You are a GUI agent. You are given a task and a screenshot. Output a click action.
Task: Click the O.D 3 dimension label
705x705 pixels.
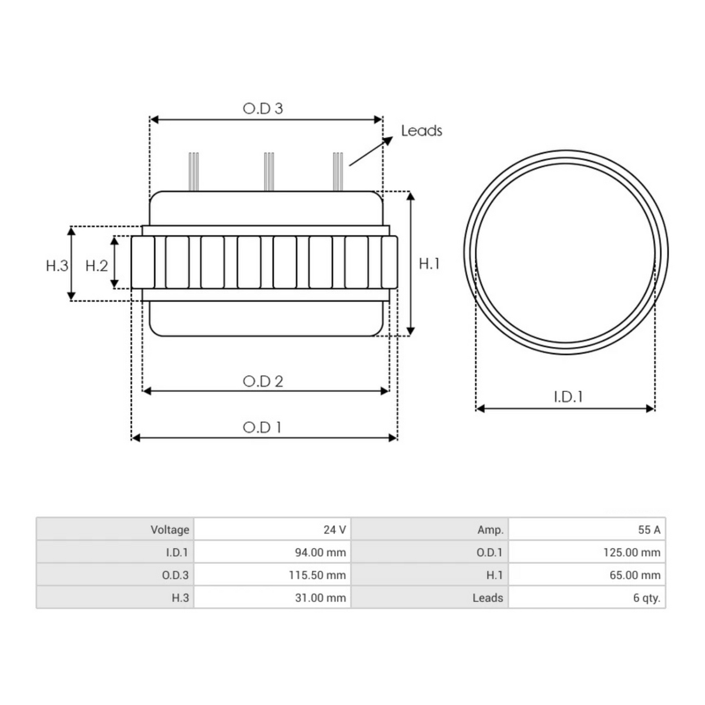point(263,108)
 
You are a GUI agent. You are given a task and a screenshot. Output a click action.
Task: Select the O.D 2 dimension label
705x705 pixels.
point(263,381)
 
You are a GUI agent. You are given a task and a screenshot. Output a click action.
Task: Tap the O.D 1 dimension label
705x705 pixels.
point(262,427)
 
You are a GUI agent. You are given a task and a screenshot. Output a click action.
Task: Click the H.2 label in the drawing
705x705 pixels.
point(96,266)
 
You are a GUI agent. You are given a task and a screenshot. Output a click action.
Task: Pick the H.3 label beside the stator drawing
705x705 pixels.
point(57,266)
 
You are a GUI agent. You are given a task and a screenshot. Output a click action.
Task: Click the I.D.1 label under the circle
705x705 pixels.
point(568,397)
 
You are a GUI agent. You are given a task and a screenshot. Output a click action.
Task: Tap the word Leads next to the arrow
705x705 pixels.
point(421,130)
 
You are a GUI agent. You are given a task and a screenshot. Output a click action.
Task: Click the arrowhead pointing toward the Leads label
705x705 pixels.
point(388,140)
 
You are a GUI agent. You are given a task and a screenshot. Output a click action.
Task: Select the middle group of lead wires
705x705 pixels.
point(269,172)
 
